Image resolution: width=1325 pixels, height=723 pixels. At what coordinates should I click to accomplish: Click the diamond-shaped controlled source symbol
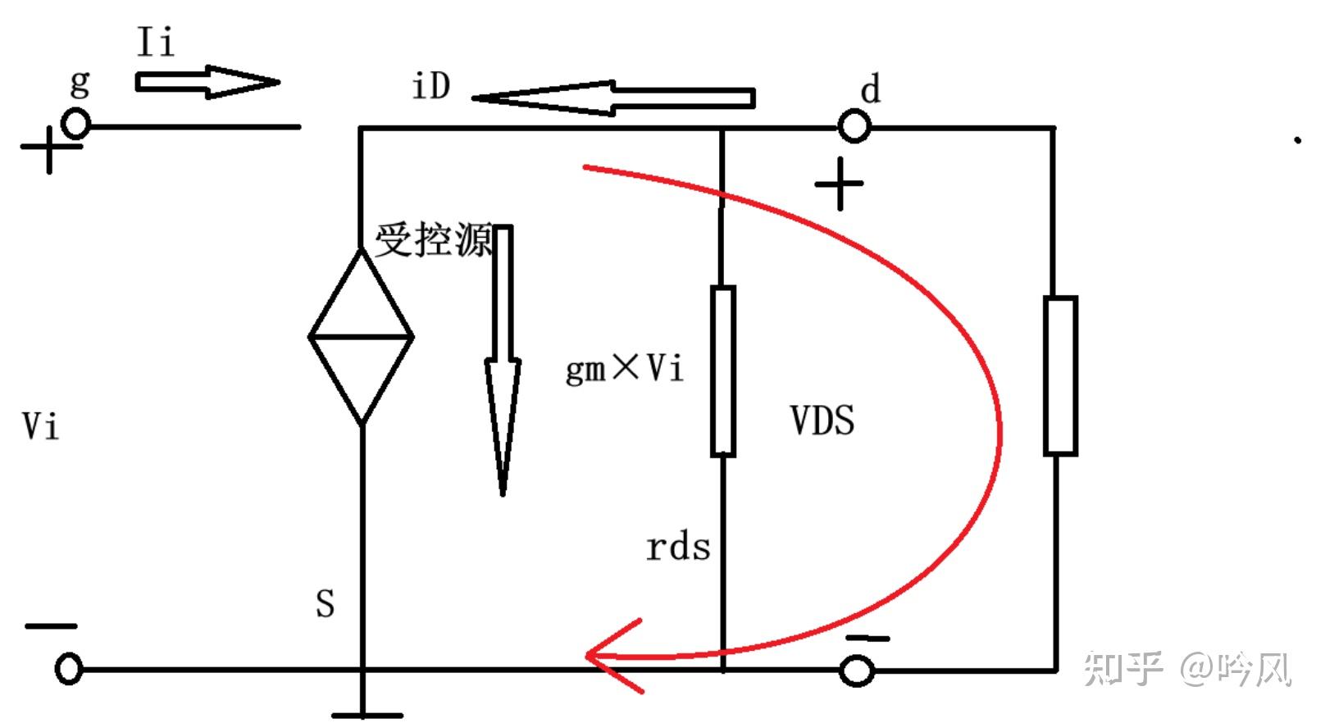tap(362, 336)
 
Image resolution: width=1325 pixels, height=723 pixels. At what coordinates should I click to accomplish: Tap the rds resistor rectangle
tap(722, 371)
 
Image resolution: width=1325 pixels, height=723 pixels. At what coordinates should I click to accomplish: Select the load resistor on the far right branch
tap(1059, 375)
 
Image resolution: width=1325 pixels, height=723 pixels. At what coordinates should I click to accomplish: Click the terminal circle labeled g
tap(77, 125)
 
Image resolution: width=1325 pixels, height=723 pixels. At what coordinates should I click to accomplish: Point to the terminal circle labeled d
tap(854, 127)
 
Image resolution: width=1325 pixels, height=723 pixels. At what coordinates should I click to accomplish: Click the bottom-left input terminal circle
tap(69, 669)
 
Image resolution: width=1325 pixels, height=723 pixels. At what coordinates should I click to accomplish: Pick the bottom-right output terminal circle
tap(858, 671)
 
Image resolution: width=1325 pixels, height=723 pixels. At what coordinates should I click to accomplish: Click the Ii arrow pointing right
tap(207, 82)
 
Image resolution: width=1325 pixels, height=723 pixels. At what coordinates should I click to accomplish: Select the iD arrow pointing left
tap(612, 98)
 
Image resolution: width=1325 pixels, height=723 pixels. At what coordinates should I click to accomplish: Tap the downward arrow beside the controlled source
tap(503, 361)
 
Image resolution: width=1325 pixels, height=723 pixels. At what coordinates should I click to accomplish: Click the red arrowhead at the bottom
tap(611, 656)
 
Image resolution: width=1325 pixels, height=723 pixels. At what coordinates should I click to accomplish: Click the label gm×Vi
tap(624, 369)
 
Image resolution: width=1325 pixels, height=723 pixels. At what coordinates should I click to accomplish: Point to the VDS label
tap(822, 421)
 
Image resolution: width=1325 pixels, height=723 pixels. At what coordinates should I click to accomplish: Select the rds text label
tap(677, 548)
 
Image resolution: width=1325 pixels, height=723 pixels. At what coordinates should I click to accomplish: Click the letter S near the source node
tap(326, 604)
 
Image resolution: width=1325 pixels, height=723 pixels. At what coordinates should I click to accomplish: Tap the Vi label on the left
tap(40, 426)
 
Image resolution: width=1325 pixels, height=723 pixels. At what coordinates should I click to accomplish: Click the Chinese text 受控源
tap(434, 241)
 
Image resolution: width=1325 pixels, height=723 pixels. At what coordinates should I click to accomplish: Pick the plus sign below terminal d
tap(839, 184)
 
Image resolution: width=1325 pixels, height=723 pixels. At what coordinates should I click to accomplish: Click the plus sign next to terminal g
tap(49, 148)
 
